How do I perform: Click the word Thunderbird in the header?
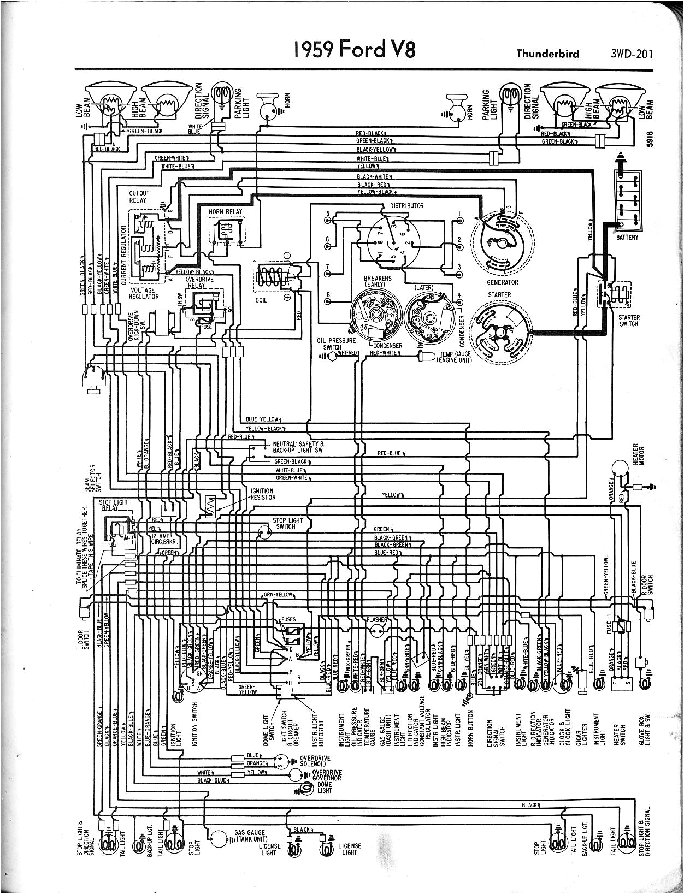click(548, 54)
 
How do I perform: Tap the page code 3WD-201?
click(628, 54)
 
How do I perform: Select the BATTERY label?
click(627, 238)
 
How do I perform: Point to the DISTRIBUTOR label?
click(406, 206)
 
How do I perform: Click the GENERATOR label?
click(503, 282)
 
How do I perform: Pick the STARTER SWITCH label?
click(628, 321)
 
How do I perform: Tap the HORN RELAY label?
click(225, 211)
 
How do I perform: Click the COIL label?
click(262, 300)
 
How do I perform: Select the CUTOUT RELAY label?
click(138, 197)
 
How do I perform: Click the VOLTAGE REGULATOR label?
click(143, 293)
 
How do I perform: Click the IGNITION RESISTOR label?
click(263, 494)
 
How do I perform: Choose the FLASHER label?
click(377, 620)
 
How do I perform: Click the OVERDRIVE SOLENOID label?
click(315, 762)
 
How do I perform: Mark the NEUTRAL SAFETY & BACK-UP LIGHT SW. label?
click(298, 447)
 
